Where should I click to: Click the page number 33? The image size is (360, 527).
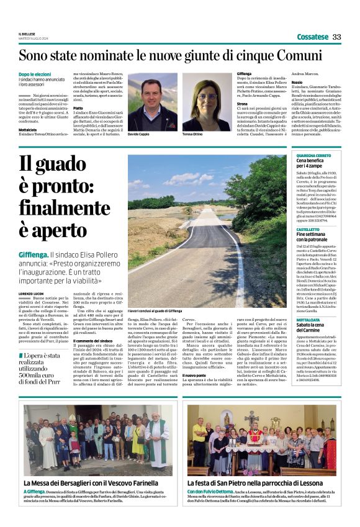[x=337, y=37]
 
